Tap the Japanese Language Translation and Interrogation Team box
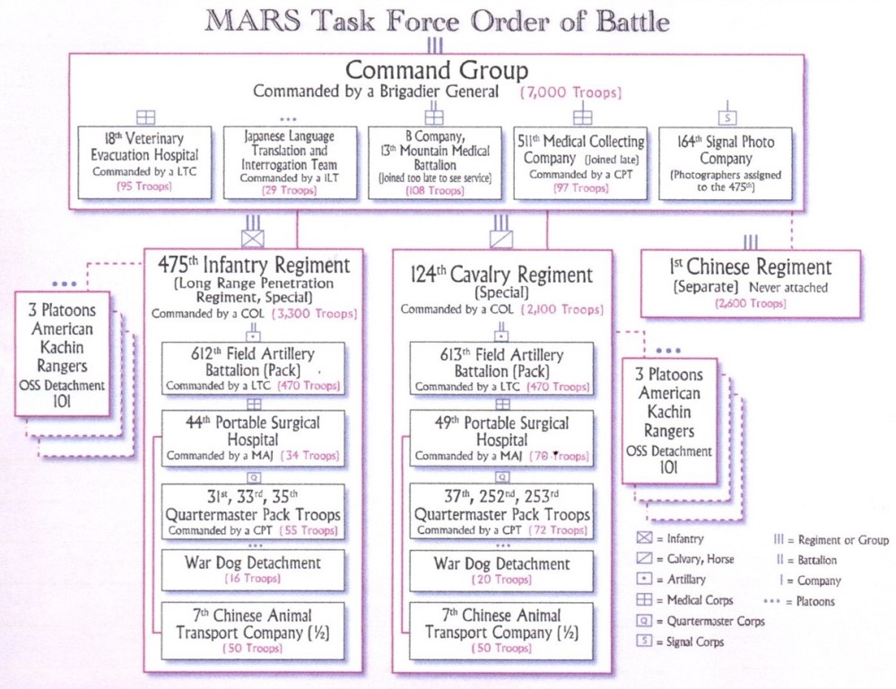pyautogui.click(x=289, y=162)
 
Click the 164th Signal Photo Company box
pyautogui.click(x=726, y=162)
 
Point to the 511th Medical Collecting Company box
pyautogui.click(x=581, y=162)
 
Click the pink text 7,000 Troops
pyautogui.click(x=571, y=92)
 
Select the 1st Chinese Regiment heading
pyautogui.click(x=750, y=267)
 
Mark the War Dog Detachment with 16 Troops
pyautogui.click(x=252, y=570)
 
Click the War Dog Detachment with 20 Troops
pyautogui.click(x=500, y=570)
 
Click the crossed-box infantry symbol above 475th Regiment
pyautogui.click(x=253, y=240)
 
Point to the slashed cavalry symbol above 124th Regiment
pyautogui.click(x=501, y=240)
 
